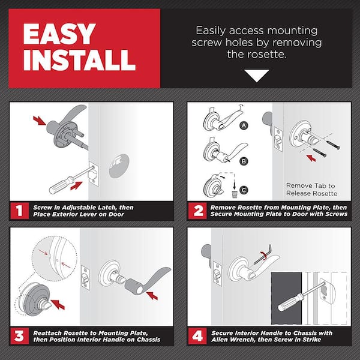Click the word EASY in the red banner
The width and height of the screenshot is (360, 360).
(59, 34)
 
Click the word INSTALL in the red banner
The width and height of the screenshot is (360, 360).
(79, 59)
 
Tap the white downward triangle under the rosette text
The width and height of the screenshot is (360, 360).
(256, 76)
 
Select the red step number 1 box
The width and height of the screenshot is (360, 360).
(20, 211)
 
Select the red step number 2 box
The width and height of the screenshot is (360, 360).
(197, 211)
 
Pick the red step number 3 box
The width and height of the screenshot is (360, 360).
(20, 336)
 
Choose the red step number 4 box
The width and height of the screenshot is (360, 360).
(197, 336)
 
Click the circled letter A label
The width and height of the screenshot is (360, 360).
(244, 125)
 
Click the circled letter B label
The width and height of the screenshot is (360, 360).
(244, 161)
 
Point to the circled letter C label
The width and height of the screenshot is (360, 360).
(244, 190)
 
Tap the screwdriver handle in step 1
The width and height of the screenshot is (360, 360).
(61, 185)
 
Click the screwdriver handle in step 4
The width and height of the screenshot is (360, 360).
(290, 303)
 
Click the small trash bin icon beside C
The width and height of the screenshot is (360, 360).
(235, 194)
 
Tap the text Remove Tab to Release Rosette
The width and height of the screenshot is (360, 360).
(311, 190)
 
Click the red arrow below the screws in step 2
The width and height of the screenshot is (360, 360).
(311, 158)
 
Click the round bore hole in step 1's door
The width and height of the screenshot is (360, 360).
(119, 166)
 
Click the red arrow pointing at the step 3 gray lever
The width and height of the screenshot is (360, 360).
(152, 295)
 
